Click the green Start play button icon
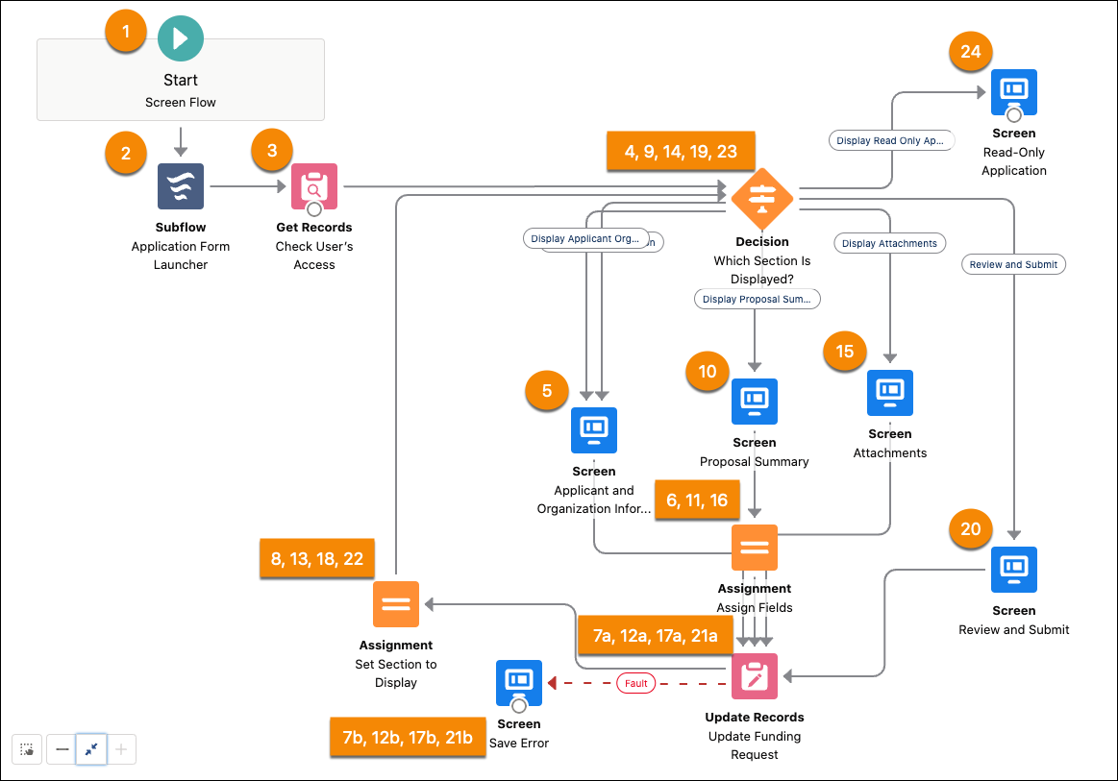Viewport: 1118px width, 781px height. coord(180,38)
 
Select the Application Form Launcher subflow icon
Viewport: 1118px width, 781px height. coord(181,186)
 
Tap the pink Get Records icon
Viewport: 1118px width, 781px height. coord(314,186)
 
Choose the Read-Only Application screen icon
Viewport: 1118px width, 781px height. coord(1013,92)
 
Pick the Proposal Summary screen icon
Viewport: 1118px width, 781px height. coord(755,402)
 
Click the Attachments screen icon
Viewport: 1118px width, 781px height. coord(890,393)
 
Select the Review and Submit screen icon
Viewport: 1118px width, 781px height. coord(1013,570)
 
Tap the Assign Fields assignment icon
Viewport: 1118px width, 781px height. coord(755,548)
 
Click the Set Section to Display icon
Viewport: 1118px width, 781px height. coord(396,604)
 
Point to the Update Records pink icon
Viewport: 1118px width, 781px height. coord(755,676)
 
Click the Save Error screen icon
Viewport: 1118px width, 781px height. coord(519,683)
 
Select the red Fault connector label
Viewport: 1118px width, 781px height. coord(636,684)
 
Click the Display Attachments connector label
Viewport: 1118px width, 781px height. coord(889,243)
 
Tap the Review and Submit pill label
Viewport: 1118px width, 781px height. coord(1013,264)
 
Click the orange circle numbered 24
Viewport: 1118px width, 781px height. coord(971,52)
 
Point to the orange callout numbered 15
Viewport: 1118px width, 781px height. coord(844,352)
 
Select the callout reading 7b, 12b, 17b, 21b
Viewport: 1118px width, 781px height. coord(408,737)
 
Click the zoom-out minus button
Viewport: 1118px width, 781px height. coord(62,749)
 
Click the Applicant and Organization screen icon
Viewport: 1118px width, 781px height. coord(594,430)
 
